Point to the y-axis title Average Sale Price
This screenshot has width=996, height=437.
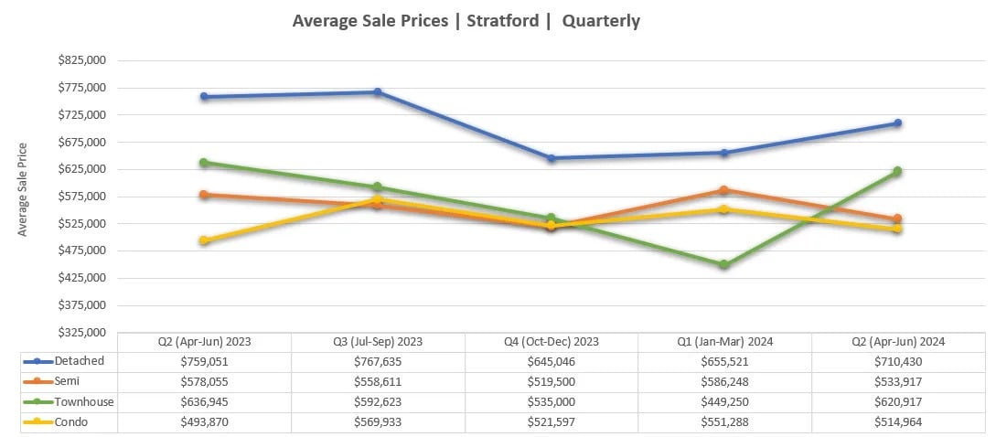point(23,189)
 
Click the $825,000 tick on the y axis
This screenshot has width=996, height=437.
point(81,60)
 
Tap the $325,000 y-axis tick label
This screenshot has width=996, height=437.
point(81,332)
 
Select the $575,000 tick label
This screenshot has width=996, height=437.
point(81,197)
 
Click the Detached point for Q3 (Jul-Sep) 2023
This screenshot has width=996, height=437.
point(378,92)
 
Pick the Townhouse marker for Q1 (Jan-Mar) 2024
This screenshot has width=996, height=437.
point(724,264)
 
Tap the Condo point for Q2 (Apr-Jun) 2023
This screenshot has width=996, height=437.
point(205,240)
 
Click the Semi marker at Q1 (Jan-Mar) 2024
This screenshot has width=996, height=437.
point(724,190)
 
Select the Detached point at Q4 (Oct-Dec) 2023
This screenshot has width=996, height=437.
point(552,158)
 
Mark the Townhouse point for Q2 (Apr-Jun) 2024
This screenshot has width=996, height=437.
point(897,171)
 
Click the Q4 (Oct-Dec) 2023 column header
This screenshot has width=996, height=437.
point(552,341)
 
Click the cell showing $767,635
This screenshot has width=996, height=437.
point(378,361)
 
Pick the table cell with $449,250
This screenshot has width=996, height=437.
point(724,401)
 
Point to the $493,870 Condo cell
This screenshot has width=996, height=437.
point(205,421)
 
